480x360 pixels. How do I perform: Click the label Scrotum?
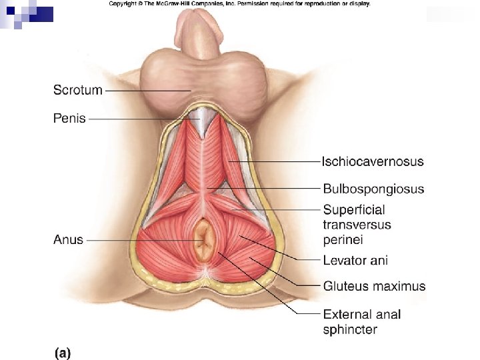tap(78, 90)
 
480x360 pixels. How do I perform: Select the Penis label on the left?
tap(70, 119)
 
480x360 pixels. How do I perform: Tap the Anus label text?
tap(69, 239)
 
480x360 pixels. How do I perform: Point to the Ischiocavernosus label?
tap(373, 161)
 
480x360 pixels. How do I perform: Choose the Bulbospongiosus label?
tap(373, 189)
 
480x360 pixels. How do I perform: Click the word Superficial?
tap(354, 210)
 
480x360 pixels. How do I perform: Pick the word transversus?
tap(357, 225)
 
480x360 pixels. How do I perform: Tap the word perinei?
tap(343, 239)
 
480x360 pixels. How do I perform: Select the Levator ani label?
tap(355, 261)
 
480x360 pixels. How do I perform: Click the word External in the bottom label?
tap(347, 315)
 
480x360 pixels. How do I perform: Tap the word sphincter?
tap(350, 329)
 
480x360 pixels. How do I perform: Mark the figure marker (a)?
tap(62, 352)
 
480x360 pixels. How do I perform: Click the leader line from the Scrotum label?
tap(147, 91)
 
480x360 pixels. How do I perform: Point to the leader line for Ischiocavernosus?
tap(280, 161)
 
